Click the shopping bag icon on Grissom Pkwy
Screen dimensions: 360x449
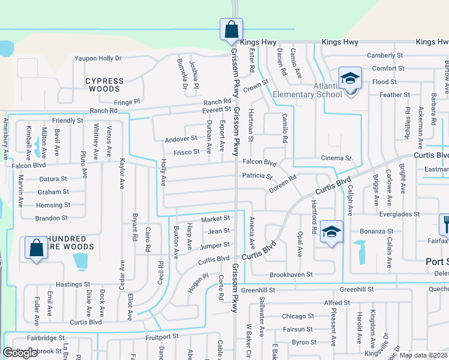click(231, 29)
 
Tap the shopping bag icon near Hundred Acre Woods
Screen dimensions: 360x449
click(36, 248)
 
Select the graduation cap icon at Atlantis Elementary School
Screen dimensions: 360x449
click(350, 79)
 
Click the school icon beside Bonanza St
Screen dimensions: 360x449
click(331, 232)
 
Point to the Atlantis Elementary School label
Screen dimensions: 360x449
click(307, 90)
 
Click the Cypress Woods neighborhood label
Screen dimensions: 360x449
click(104, 85)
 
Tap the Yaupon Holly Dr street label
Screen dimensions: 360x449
click(98, 58)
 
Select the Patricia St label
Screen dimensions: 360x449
click(257, 176)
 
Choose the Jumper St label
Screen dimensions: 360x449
click(215, 245)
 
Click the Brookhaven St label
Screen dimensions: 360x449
click(291, 274)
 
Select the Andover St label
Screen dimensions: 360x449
click(181, 139)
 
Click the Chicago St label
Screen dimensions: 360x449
click(298, 316)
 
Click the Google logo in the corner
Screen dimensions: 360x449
click(20, 353)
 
